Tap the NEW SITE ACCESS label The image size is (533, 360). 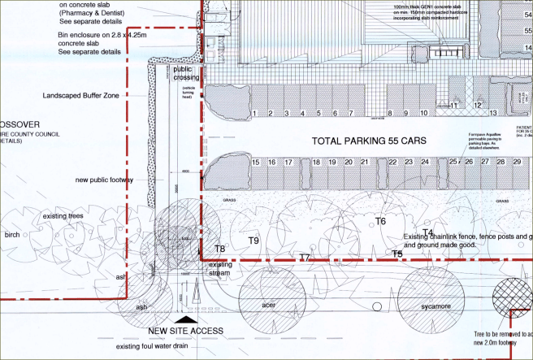pos(186,331)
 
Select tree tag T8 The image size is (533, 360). pos(219,249)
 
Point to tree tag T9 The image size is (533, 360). pos(253,241)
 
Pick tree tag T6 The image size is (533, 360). pos(380,221)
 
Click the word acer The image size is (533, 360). pos(269,306)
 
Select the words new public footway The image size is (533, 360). pos(104,180)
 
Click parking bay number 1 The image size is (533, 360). pos(254,113)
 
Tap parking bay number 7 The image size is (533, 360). pos(351,113)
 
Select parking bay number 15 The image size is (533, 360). pos(257,163)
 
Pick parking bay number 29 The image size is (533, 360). pos(517,163)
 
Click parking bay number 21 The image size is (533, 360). pos(349,163)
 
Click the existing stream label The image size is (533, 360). pos(220,269)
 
